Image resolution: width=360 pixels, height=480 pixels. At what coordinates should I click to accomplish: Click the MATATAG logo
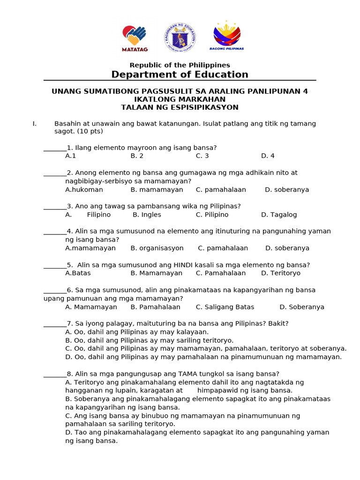pyautogui.click(x=135, y=37)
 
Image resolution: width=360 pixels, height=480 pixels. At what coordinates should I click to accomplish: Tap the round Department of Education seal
pyautogui.click(x=180, y=37)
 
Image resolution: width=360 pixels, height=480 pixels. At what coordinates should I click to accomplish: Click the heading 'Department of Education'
pyautogui.click(x=180, y=75)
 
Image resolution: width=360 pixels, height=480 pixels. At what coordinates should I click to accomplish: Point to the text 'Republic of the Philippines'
pyautogui.click(x=180, y=65)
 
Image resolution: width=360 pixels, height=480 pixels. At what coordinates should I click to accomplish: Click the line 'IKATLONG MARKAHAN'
pyautogui.click(x=180, y=99)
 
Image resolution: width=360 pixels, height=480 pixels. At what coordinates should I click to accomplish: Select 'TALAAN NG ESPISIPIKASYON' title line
pyautogui.click(x=180, y=107)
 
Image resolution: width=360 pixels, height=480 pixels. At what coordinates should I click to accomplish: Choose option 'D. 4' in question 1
pyautogui.click(x=268, y=156)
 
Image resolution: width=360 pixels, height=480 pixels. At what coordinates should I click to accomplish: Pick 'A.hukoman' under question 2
pyautogui.click(x=84, y=190)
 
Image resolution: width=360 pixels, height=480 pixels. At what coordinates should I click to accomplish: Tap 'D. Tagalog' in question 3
pyautogui.click(x=279, y=215)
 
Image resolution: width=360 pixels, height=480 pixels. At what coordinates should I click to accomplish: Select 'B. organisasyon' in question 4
pyautogui.click(x=157, y=248)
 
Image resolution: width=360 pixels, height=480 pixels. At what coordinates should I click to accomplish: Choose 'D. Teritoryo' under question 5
pyautogui.click(x=281, y=273)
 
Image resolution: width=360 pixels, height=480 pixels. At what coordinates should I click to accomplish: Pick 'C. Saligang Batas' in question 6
pyautogui.click(x=225, y=307)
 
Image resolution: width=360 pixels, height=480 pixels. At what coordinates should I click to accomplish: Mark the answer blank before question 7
pyautogui.click(x=55, y=324)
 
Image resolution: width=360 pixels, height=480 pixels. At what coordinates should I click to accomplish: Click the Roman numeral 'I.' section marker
pyautogui.click(x=34, y=124)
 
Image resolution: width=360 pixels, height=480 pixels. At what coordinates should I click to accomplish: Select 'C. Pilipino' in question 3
pyautogui.click(x=212, y=215)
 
